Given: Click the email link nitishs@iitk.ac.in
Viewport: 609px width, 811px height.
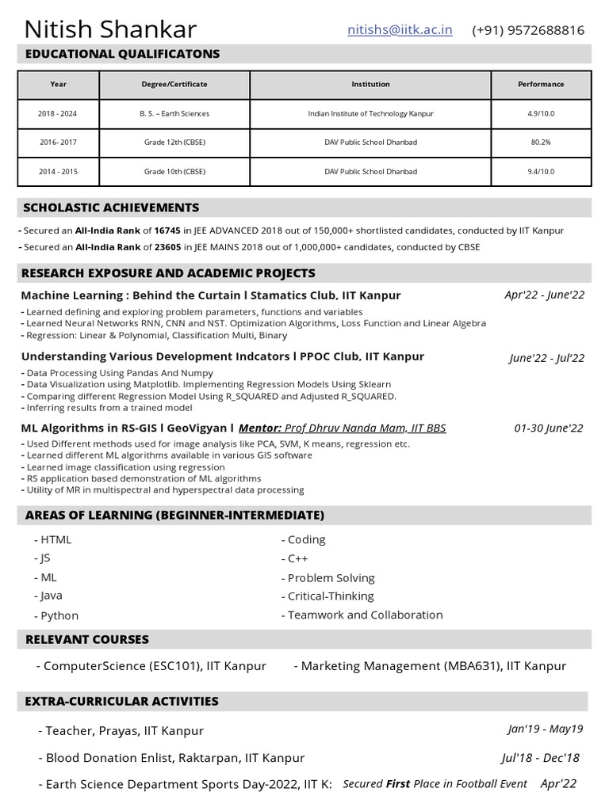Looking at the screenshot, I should [400, 30].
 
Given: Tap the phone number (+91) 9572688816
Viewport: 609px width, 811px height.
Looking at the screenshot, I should [528, 30].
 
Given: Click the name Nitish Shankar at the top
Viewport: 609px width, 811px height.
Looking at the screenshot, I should [110, 30].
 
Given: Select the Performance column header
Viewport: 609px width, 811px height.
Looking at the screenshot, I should [541, 84].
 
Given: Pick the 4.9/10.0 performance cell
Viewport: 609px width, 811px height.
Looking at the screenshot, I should [541, 113].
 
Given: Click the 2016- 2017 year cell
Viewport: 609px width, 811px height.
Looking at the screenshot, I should [58, 143].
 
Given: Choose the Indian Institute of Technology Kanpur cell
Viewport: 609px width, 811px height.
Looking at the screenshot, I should [370, 113].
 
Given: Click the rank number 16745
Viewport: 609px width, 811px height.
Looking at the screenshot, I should [167, 230].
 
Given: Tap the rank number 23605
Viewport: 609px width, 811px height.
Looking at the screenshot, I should [167, 247].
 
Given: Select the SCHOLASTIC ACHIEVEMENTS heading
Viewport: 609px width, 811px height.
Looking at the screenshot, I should [111, 208].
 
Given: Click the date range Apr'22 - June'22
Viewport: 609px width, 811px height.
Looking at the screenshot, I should [544, 295].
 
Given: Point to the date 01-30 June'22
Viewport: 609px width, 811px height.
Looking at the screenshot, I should [549, 428].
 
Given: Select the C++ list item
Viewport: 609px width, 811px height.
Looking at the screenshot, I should [298, 558].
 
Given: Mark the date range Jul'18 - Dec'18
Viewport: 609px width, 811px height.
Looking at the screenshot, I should [540, 758].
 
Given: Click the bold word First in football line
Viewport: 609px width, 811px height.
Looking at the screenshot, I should [397, 784].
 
